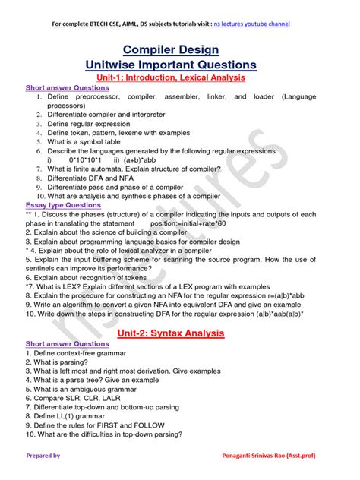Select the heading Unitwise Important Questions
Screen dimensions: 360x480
pyautogui.click(x=179, y=65)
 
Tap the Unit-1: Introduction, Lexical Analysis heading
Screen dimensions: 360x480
pyautogui.click(x=179, y=77)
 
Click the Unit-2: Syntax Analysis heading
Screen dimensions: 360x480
pyautogui.click(x=179, y=333)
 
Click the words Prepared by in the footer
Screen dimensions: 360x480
pyautogui.click(x=43, y=456)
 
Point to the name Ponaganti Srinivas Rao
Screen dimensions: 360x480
pyautogui.click(x=282, y=456)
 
